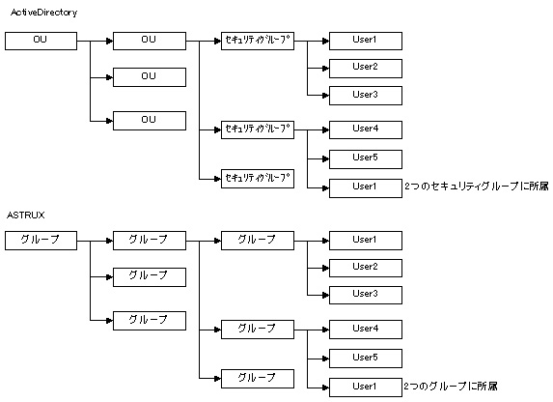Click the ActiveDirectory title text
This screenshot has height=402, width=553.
[43, 13]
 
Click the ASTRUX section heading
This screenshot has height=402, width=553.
[26, 215]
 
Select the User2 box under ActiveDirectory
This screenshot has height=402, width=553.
[366, 69]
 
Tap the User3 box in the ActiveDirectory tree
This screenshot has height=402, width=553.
[366, 96]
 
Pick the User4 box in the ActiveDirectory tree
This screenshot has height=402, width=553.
[366, 130]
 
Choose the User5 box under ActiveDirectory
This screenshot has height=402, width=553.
[366, 159]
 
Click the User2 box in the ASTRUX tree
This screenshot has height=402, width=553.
[366, 268]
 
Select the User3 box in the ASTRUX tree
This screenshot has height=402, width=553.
[366, 295]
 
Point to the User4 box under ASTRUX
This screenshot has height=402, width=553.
[366, 330]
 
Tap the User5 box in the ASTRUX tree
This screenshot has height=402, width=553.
[366, 359]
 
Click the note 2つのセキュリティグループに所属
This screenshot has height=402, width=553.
[477, 187]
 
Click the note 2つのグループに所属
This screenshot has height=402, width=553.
[451, 387]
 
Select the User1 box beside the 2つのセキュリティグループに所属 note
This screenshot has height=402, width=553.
[366, 188]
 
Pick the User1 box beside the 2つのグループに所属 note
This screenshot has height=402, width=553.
[366, 388]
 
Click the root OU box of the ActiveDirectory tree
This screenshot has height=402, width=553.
[41, 41]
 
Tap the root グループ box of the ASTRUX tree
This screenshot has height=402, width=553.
[41, 241]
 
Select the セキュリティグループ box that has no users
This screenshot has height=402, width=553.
[258, 179]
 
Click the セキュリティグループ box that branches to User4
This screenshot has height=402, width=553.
[258, 130]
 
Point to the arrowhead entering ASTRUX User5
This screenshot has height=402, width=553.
[326, 359]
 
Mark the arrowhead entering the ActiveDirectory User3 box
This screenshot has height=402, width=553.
[326, 96]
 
